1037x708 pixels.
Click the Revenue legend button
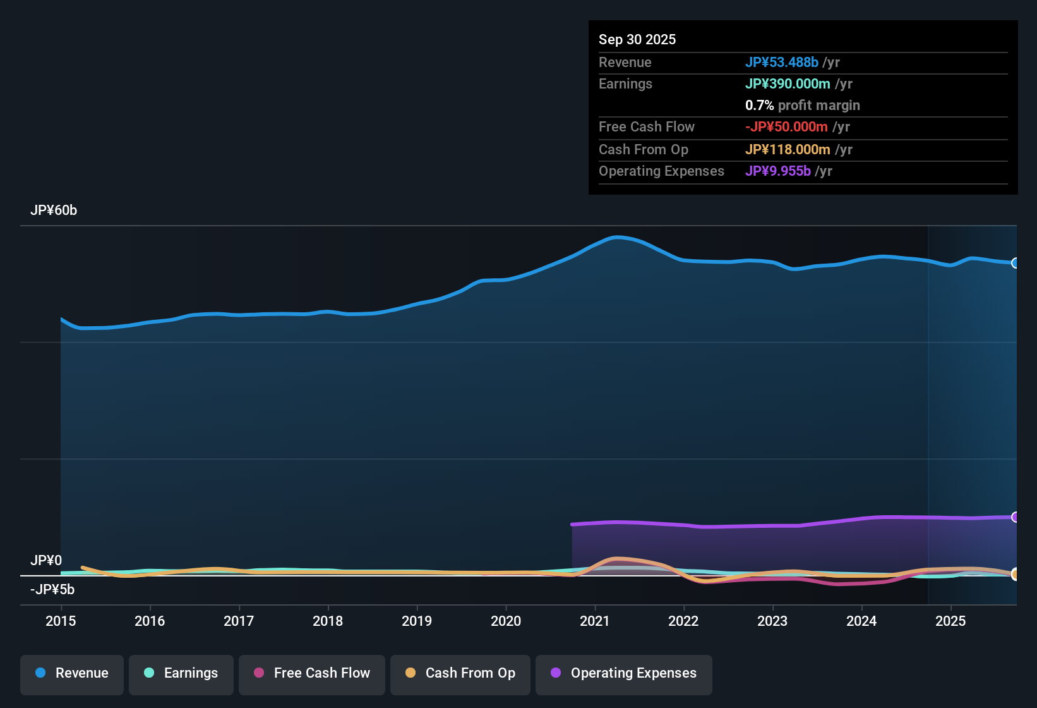(x=72, y=673)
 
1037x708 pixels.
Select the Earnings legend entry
(x=181, y=673)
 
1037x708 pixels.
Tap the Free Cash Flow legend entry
(x=312, y=673)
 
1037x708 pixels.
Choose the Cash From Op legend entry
(x=460, y=673)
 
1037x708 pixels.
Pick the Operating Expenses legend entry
(x=624, y=673)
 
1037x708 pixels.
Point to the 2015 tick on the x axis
(x=61, y=621)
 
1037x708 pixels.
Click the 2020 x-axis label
(x=506, y=621)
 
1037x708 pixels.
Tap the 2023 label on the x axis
(x=772, y=621)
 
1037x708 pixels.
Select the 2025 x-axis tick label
(x=950, y=621)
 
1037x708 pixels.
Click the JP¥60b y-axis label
(x=54, y=211)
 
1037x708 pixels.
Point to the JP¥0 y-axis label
(x=46, y=561)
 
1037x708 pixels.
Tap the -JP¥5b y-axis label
(x=52, y=590)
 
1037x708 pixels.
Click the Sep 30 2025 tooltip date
(x=637, y=40)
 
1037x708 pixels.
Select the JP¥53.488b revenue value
(x=782, y=63)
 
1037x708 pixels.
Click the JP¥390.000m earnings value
(x=788, y=84)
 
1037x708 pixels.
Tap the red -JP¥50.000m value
(x=786, y=127)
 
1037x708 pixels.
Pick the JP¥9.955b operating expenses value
(x=778, y=171)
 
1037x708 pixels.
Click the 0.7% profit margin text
(x=802, y=106)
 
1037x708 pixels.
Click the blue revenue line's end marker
(x=1015, y=263)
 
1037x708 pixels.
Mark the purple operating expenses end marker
(x=1015, y=517)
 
